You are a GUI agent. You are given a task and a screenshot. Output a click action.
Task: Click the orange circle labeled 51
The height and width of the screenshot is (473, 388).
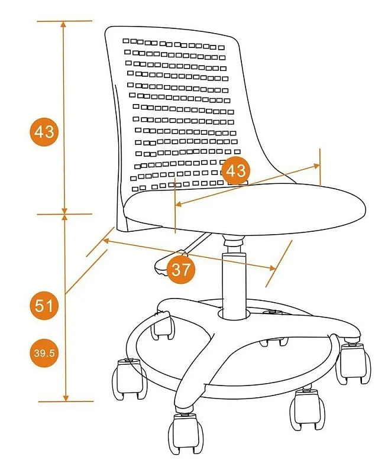tap(44, 306)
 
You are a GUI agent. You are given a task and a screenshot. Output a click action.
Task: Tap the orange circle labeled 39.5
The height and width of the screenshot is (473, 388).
tap(44, 353)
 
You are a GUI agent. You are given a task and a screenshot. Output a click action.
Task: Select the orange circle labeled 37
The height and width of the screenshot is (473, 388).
tap(181, 270)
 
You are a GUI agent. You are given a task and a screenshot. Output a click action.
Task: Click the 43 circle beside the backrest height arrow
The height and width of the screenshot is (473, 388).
tap(44, 132)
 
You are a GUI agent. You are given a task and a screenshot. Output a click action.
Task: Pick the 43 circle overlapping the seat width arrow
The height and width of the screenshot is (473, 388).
tap(235, 171)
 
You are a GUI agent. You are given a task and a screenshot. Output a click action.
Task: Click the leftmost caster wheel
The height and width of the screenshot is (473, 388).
tap(129, 378)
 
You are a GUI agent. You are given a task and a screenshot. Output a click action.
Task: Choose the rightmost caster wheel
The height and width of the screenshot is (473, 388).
tap(354, 364)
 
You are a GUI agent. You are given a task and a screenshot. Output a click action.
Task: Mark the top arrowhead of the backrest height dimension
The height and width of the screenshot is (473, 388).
tap(63, 24)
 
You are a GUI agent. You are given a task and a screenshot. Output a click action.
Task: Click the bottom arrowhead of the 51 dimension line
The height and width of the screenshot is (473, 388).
tap(66, 398)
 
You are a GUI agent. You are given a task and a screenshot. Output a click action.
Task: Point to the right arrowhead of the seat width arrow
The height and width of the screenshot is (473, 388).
tap(316, 166)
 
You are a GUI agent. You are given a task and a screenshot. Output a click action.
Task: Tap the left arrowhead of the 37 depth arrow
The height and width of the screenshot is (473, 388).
tap(106, 241)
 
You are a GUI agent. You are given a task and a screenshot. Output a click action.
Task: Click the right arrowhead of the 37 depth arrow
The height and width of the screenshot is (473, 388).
tap(272, 268)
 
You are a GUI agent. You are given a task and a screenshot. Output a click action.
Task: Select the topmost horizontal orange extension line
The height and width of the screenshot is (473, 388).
tap(64, 21)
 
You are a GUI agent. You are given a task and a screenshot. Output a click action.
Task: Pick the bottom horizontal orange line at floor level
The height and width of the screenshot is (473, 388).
tap(66, 401)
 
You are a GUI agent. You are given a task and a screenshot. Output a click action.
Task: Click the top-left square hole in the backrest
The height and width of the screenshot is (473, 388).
tap(125, 41)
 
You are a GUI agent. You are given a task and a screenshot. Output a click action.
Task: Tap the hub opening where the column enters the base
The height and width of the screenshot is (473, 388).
tap(234, 314)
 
